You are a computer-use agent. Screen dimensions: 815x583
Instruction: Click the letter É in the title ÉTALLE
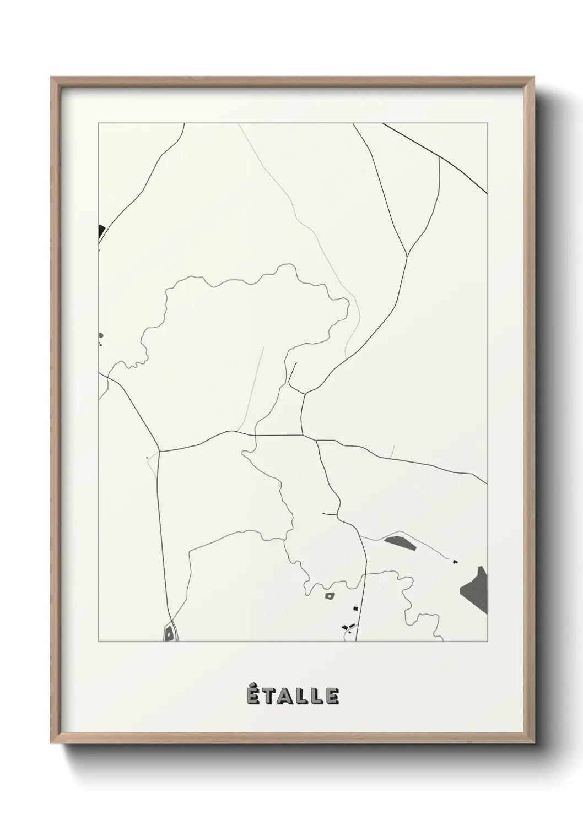pyautogui.click(x=252, y=695)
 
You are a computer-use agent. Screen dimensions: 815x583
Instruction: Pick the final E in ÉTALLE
pyautogui.click(x=332, y=696)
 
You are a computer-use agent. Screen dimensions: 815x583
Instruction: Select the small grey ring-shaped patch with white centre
pyautogui.click(x=330, y=595)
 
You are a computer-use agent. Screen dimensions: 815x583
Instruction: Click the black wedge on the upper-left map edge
pyautogui.click(x=101, y=231)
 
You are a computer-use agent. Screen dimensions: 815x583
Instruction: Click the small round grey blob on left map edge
pyautogui.click(x=100, y=335)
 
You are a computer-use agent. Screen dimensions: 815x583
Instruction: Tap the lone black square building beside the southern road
pyautogui.click(x=355, y=608)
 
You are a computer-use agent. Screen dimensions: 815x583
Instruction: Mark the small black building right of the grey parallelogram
pyautogui.click(x=455, y=562)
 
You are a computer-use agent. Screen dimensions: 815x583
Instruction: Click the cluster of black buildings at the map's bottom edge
pyautogui.click(x=347, y=627)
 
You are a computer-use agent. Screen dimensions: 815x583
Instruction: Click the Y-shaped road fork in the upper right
pyautogui.click(x=407, y=256)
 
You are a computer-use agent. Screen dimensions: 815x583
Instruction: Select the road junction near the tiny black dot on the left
pyautogui.click(x=159, y=452)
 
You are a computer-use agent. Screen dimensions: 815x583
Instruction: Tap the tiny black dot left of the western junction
pyautogui.click(x=147, y=457)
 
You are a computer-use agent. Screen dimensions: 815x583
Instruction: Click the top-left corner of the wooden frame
pyautogui.click(x=51, y=78)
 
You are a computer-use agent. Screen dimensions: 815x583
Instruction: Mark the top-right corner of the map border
pyautogui.click(x=488, y=123)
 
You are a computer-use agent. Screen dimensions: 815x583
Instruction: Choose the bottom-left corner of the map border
pyautogui.click(x=99, y=642)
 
